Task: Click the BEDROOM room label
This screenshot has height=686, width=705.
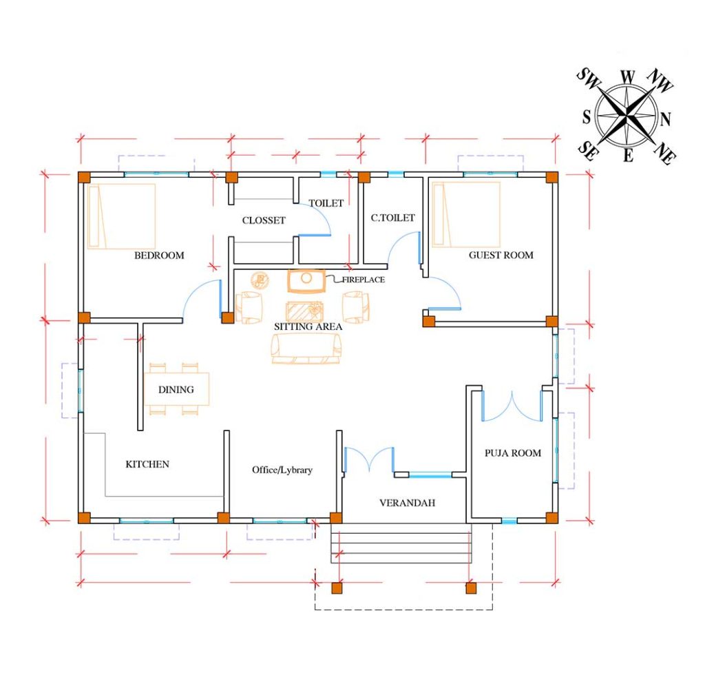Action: pyautogui.click(x=159, y=256)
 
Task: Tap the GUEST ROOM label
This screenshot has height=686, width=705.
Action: pyautogui.click(x=501, y=256)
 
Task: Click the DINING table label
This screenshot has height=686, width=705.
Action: pyautogui.click(x=176, y=390)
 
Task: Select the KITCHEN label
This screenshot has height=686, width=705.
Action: pyautogui.click(x=147, y=464)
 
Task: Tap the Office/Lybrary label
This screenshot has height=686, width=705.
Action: pyautogui.click(x=282, y=470)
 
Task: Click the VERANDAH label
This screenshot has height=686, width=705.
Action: pyautogui.click(x=407, y=503)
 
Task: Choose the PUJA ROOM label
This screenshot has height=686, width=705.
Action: pyautogui.click(x=512, y=453)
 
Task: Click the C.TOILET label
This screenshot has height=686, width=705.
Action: pyautogui.click(x=392, y=218)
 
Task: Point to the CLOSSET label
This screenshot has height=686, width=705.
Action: pyautogui.click(x=263, y=220)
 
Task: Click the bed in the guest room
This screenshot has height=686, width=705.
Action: pyautogui.click(x=466, y=214)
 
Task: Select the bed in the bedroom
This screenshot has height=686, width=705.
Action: pyautogui.click(x=121, y=216)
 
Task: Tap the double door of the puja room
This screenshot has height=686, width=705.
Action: pyautogui.click(x=512, y=406)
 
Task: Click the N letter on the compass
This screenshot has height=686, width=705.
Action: pyautogui.click(x=665, y=120)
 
